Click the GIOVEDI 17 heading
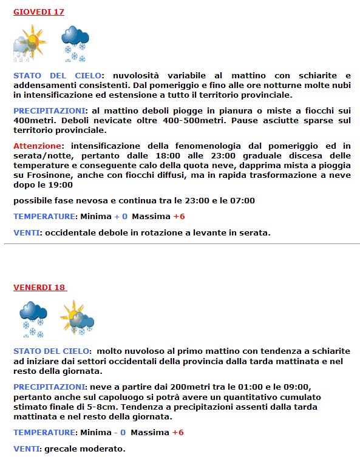coord(38,12)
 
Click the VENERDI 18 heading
coord(40,287)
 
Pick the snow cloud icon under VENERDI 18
coord(33,319)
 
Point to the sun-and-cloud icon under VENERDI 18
coord(77,318)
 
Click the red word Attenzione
coord(38,146)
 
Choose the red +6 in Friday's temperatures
coord(178,432)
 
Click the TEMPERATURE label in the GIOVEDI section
coord(45,216)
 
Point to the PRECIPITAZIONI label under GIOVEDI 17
coord(49,111)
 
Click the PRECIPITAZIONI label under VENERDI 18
coord(49,386)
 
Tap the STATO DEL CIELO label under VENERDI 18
coord(52,351)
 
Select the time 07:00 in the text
coord(242,200)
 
